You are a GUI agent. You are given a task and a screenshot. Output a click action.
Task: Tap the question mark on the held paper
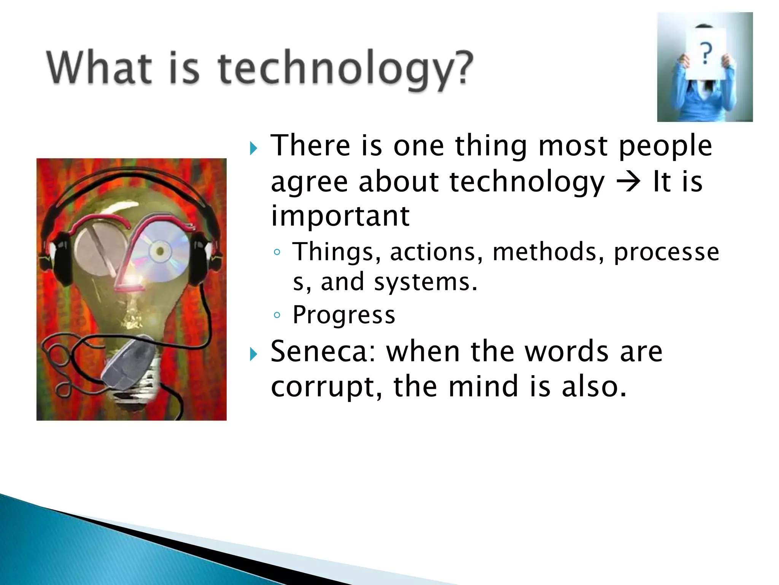pos(706,53)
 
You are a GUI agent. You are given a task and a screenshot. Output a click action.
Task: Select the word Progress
pos(344,315)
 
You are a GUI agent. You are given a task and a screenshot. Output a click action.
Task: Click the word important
pos(340,216)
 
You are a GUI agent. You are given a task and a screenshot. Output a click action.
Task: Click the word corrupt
pos(326,387)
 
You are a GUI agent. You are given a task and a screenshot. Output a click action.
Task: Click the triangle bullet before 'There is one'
pos(253,148)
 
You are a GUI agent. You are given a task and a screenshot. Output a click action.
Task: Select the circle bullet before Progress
pos(277,315)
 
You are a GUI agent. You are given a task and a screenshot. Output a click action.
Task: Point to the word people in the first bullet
pos(665,146)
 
